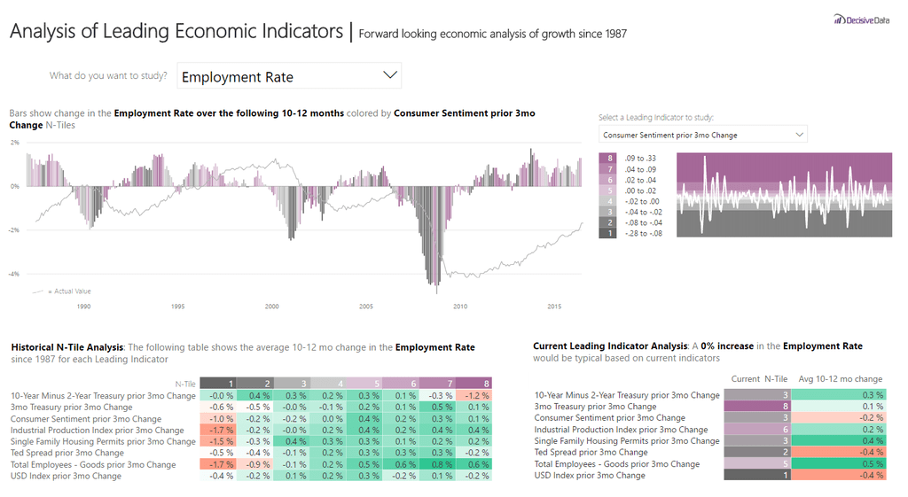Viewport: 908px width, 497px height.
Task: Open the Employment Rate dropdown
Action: click(x=289, y=76)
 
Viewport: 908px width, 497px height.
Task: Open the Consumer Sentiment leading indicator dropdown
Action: click(x=702, y=135)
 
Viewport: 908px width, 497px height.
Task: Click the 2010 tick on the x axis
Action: click(x=460, y=307)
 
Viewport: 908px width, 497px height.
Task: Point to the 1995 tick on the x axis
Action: click(x=177, y=307)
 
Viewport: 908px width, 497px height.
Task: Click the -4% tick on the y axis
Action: click(x=14, y=274)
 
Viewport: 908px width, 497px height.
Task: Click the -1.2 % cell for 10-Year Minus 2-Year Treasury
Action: click(x=477, y=395)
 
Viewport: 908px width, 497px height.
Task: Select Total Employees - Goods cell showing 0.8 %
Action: click(x=440, y=464)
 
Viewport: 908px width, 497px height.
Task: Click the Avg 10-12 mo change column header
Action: click(x=840, y=379)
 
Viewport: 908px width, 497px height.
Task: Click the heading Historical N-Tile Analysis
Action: click(x=67, y=347)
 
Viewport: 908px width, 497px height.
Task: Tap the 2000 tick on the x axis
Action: click(x=271, y=307)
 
